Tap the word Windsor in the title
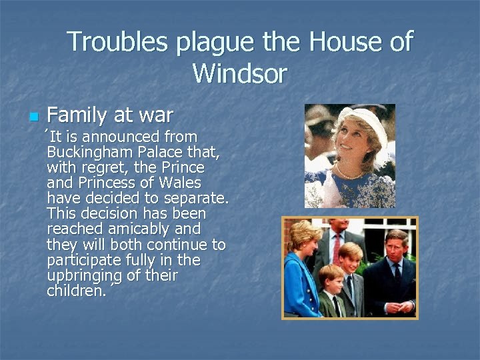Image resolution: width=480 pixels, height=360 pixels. (239, 73)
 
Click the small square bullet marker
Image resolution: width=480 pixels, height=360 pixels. (32, 117)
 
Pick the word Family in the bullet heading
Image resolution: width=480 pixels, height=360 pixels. (77, 116)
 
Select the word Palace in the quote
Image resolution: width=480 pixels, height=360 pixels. (169, 152)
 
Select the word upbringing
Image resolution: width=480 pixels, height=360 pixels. (85, 275)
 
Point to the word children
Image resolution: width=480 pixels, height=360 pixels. (75, 290)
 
